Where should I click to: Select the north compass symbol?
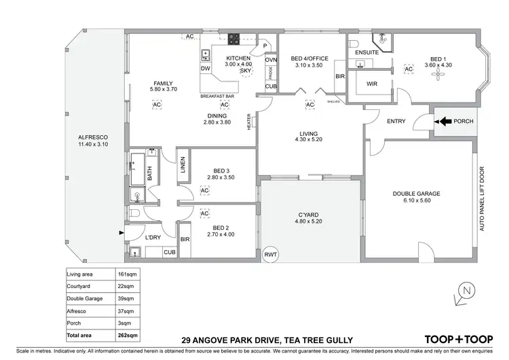pyautogui.click(x=464, y=291)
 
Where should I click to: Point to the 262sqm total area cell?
pyautogui.click(x=129, y=336)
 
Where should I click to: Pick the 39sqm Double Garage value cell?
pyautogui.click(x=128, y=299)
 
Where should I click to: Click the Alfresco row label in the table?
pyautogui.click(x=77, y=311)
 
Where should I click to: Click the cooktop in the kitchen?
pyautogui.click(x=235, y=39)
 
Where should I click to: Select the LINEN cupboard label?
pyautogui.click(x=183, y=165)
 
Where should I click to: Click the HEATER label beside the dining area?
pyautogui.click(x=250, y=122)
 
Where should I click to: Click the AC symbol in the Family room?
pyautogui.click(x=157, y=105)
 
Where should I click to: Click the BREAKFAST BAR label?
pyautogui.click(x=217, y=97)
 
